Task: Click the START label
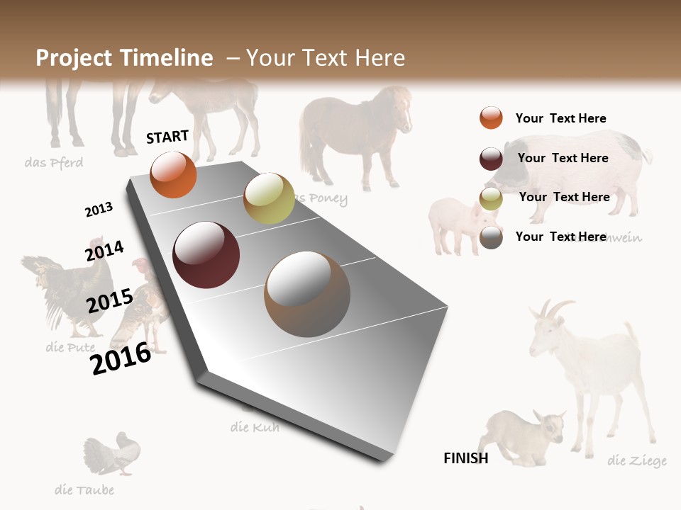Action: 167,137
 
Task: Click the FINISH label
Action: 466,458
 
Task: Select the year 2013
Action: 99,209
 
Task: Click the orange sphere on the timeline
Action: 174,174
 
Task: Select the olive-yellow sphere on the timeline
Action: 269,198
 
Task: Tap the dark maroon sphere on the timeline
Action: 206,255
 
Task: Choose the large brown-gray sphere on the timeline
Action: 307,294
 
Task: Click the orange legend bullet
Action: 491,118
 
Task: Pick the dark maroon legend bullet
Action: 491,159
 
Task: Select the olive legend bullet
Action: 491,198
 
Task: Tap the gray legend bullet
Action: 491,237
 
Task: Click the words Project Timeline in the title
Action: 124,58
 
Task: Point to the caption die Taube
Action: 84,489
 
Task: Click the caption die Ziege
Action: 636,461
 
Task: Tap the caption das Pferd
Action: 53,163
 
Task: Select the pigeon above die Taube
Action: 113,453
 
